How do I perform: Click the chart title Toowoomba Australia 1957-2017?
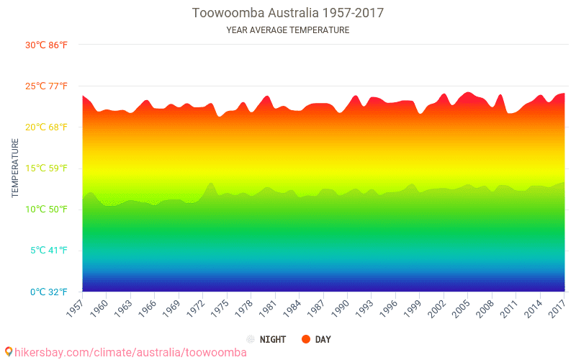point(287,13)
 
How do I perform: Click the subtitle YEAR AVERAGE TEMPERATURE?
point(287,30)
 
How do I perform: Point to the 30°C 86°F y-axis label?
point(46,45)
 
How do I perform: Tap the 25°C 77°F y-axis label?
point(46,86)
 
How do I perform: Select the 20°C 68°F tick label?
point(46,127)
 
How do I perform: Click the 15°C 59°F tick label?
point(46,168)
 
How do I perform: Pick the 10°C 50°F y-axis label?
point(46,210)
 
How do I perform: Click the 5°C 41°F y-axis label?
point(48,251)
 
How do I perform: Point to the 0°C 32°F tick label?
point(48,292)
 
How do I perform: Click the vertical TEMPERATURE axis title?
point(14,168)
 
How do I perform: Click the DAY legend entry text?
point(323,339)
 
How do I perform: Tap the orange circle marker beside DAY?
point(306,339)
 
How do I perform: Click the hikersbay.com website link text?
point(130,352)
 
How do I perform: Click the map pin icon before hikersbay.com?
point(9,352)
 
